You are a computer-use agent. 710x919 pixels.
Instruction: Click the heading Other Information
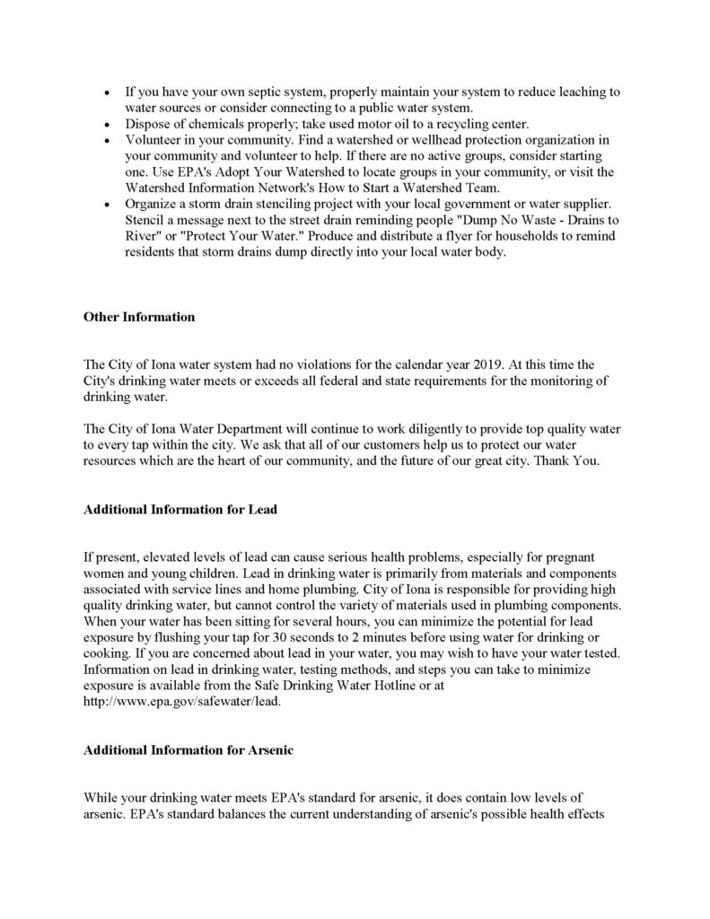pos(138,317)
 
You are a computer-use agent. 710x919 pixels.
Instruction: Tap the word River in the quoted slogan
pos(144,236)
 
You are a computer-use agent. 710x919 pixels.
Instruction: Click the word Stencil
pos(149,220)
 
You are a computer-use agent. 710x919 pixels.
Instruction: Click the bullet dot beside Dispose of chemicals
pos(109,124)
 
